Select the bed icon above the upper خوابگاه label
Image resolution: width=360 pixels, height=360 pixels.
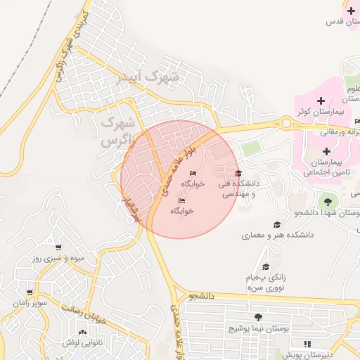click(193, 174)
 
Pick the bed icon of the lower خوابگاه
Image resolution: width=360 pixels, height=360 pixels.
click(181, 200)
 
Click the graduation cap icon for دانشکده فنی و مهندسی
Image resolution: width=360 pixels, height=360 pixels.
click(238, 173)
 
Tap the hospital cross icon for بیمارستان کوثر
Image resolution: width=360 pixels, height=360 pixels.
click(321, 101)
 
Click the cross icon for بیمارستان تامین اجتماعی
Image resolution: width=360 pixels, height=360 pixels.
click(326, 151)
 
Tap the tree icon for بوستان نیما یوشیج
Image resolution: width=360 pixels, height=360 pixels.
click(258, 318)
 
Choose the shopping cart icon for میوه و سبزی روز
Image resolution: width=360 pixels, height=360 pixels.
click(58, 247)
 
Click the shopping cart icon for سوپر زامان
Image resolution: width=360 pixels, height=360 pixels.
click(29, 292)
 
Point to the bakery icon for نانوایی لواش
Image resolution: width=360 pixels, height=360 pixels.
click(83, 332)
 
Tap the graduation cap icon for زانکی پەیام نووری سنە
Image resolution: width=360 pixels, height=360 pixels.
click(266, 267)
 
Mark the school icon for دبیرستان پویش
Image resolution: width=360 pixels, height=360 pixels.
click(307, 344)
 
